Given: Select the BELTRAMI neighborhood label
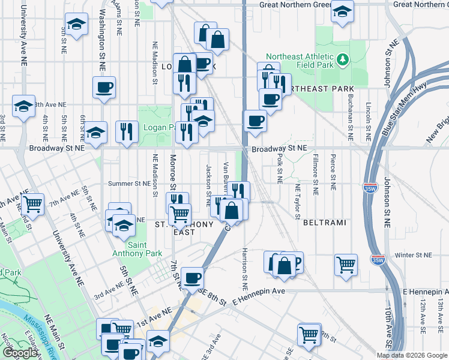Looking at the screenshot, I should pos(325,223).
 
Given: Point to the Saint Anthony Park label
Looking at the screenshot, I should pos(145,249).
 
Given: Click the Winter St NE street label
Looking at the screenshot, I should pos(414,255).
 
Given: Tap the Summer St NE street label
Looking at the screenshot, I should pos(128,184).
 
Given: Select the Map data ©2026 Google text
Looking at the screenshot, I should pos(412,355).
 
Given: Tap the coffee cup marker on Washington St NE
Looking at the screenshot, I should pos(104,88).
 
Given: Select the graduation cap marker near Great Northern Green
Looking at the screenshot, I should pos(342,11).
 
